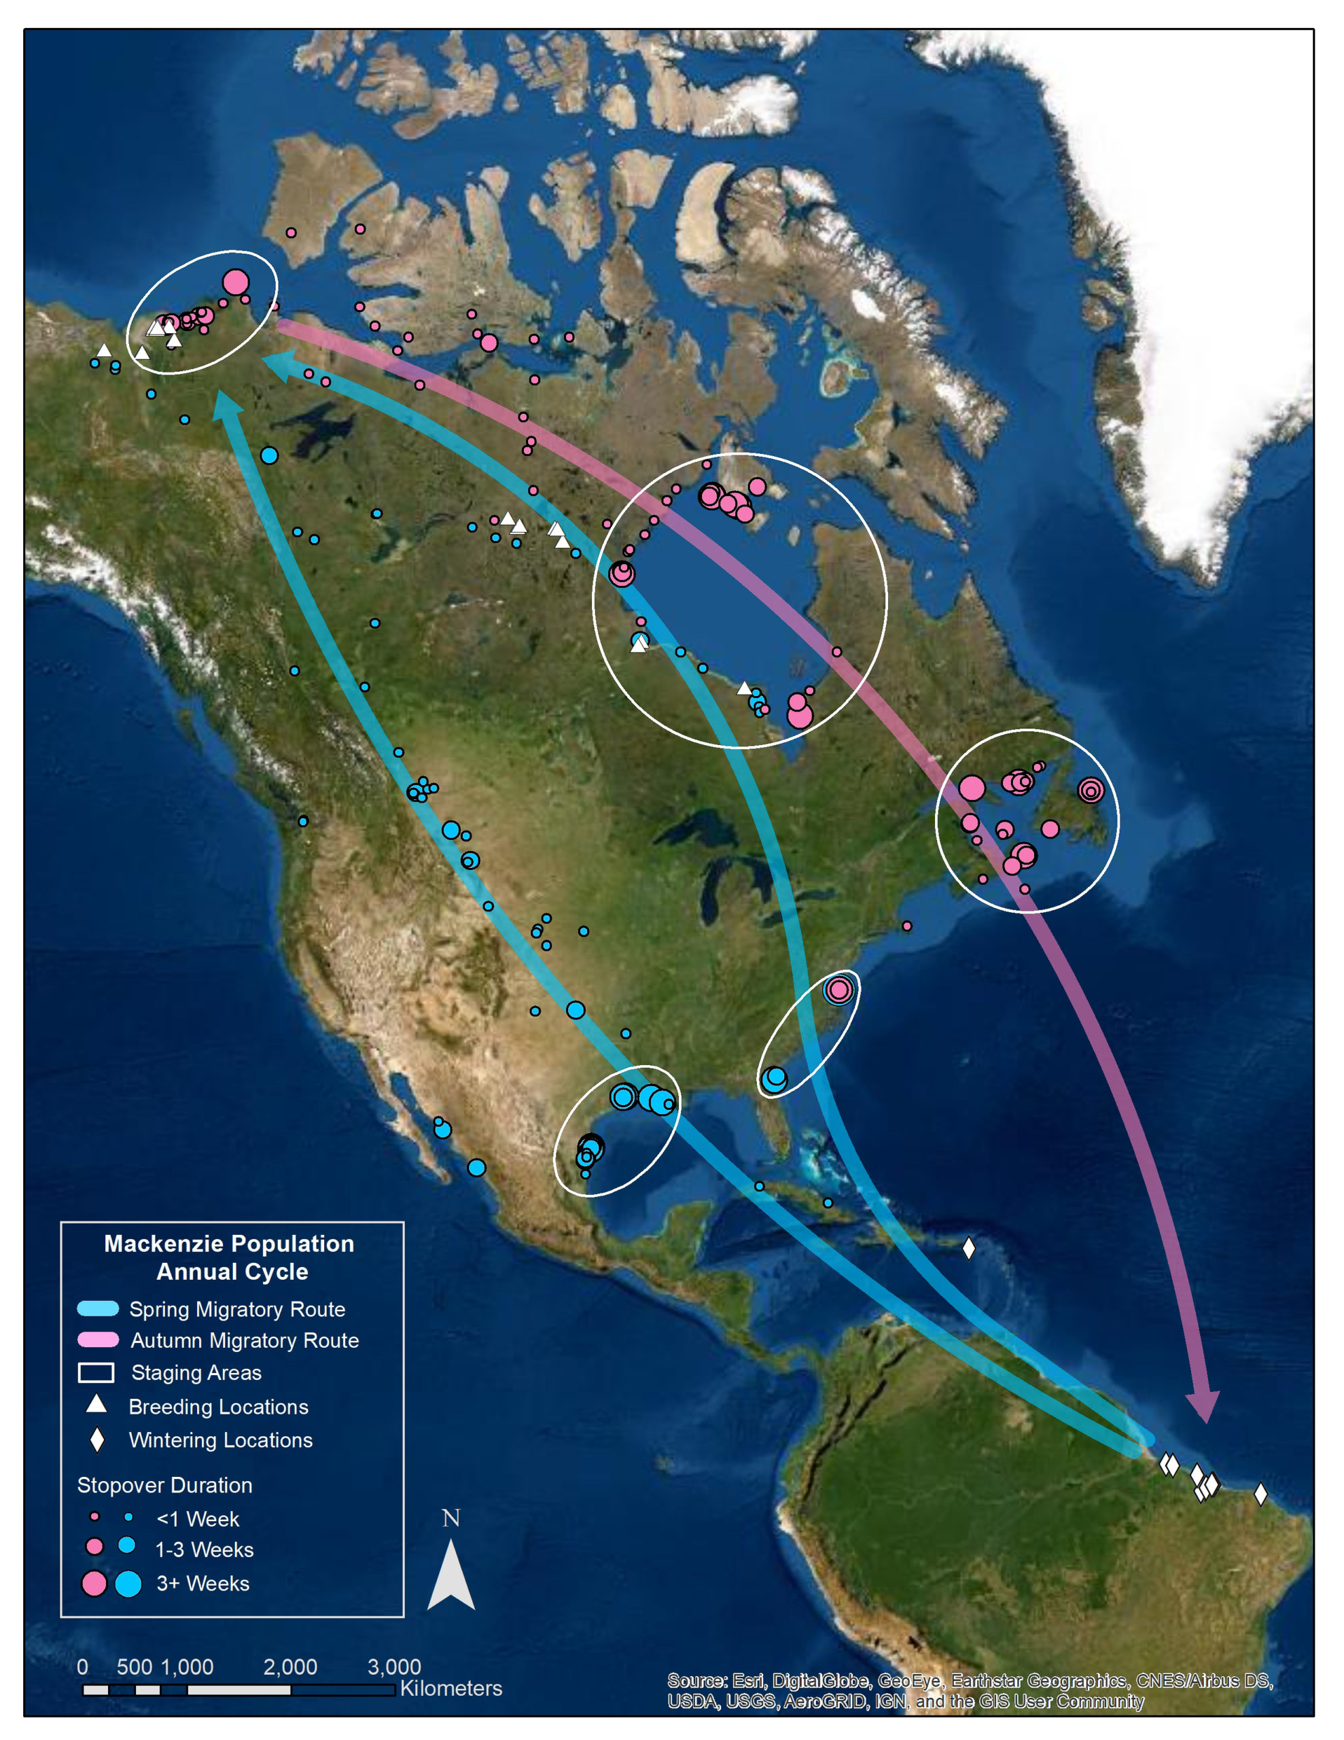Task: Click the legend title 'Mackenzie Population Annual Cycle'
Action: point(230,1257)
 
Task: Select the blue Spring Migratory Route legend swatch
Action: point(97,1308)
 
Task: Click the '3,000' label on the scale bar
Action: point(393,1666)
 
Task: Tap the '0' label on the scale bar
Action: point(82,1666)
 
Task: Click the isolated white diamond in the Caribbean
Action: point(968,1248)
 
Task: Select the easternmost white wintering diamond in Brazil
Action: point(1260,1494)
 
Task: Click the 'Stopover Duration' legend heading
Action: point(164,1484)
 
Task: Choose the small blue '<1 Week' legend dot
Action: point(128,1518)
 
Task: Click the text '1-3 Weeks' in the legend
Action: point(204,1550)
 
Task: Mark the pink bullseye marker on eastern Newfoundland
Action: point(1091,790)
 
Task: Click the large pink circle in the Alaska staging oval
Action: point(235,281)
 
